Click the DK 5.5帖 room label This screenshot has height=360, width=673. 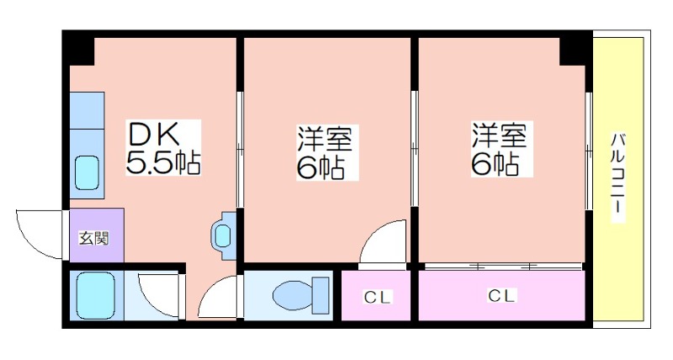pos(163,147)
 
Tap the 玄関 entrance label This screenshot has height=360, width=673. pos(94,238)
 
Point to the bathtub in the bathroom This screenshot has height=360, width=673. pos(95,295)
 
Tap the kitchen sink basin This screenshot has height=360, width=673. pos(87,173)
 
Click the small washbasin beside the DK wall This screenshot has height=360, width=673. pos(224,236)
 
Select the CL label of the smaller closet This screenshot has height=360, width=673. pos(377,297)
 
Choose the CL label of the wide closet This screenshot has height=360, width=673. pos(501,295)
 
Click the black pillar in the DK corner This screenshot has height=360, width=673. pos(79,48)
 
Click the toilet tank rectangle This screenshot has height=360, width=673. pos(321,295)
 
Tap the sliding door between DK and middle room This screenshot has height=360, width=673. pos(241,150)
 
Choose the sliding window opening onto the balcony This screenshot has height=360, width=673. pos(589,150)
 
